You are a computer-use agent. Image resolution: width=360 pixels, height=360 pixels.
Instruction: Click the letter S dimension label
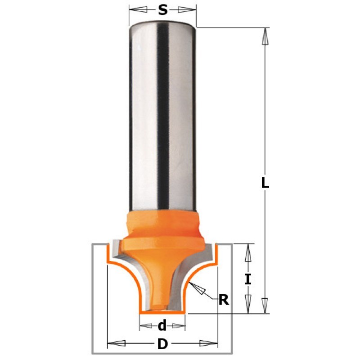click(x=162, y=10)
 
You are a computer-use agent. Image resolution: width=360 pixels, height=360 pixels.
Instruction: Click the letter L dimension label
click(x=265, y=183)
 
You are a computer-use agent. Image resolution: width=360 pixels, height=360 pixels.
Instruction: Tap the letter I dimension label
click(x=248, y=279)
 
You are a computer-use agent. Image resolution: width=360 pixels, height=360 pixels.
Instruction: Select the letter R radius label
click(x=224, y=300)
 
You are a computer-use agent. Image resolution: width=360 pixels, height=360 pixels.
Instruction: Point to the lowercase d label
click(x=162, y=325)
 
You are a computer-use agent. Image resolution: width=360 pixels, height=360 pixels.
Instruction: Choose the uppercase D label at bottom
click(x=162, y=344)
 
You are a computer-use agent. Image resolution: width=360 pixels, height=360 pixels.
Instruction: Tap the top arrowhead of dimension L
click(x=265, y=36)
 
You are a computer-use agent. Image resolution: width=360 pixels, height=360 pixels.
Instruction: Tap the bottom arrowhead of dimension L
click(x=265, y=306)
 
